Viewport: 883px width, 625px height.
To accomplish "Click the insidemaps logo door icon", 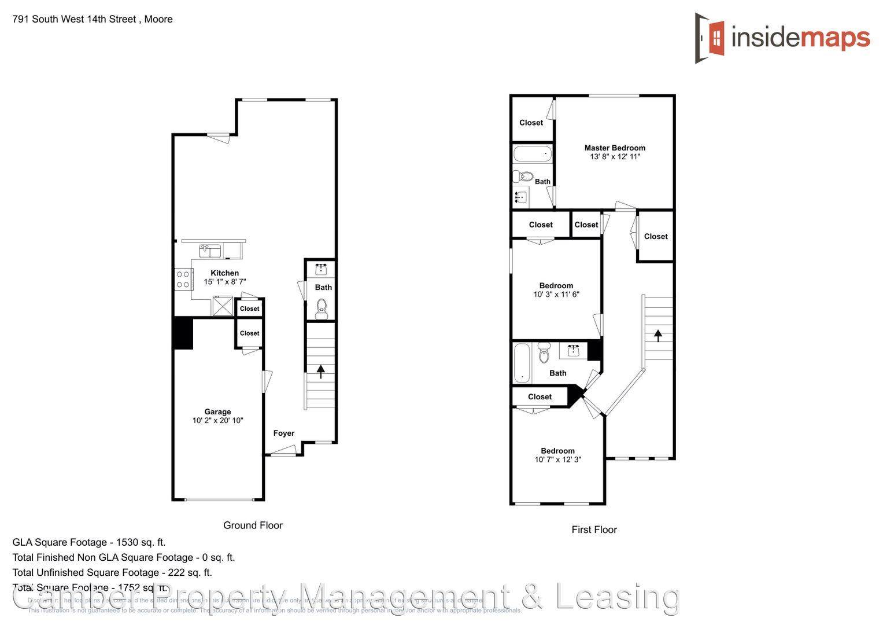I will (x=710, y=38).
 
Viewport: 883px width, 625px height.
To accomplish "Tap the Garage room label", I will (x=217, y=411).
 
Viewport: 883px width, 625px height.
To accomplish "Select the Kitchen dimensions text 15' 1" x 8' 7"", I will (x=225, y=282).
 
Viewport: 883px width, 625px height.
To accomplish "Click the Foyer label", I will (x=283, y=433).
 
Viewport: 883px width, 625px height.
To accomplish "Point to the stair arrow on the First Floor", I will (x=657, y=335).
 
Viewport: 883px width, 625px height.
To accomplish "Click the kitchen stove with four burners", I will (x=183, y=279).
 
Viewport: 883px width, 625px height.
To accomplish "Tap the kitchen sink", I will (x=210, y=251).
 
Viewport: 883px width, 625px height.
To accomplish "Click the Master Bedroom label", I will (x=615, y=148).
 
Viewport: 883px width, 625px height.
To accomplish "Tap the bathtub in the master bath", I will (x=533, y=155).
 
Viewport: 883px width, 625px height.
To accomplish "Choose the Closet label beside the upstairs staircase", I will (x=655, y=236).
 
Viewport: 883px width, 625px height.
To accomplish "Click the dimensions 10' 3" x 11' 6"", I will (x=556, y=294).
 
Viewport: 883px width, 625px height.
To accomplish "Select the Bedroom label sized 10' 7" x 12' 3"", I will (x=557, y=451).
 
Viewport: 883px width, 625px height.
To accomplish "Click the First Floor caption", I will (x=594, y=530).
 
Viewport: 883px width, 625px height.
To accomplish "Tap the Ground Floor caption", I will (x=253, y=525).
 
